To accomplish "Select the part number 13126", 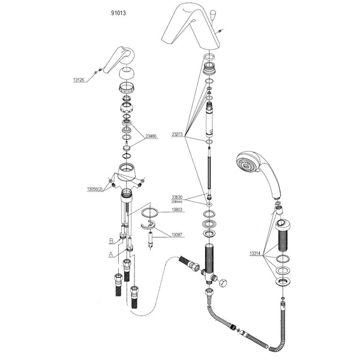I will [x=80, y=78].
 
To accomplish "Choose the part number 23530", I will [x=177, y=197].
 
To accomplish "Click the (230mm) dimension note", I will [x=177, y=202].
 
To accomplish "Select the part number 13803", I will [x=177, y=210].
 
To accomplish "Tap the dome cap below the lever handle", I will [x=127, y=75].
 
